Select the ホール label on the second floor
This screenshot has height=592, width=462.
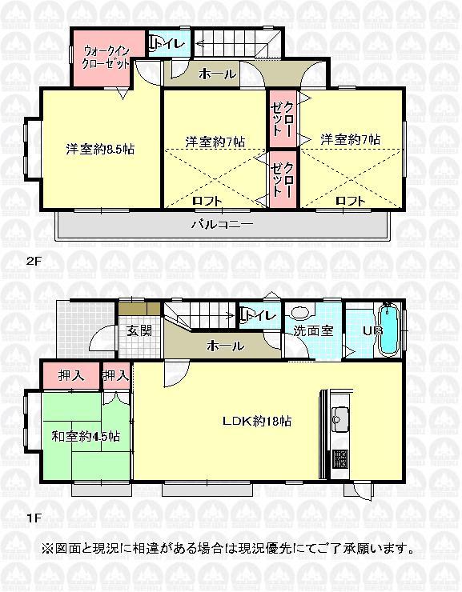click(x=217, y=74)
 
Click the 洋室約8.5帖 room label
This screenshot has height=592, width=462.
click(x=100, y=149)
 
